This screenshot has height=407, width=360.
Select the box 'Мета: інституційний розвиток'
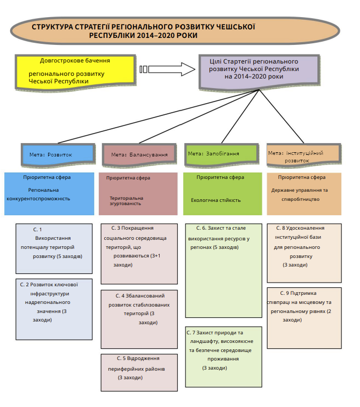(x=302, y=155)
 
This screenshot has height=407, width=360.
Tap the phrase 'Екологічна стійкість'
(x=216, y=200)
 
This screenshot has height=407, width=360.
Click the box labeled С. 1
(x=53, y=248)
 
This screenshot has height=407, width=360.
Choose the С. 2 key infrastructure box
(x=53, y=309)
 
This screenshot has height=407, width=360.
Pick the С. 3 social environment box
(x=139, y=254)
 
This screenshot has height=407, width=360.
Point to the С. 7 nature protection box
(x=223, y=355)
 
